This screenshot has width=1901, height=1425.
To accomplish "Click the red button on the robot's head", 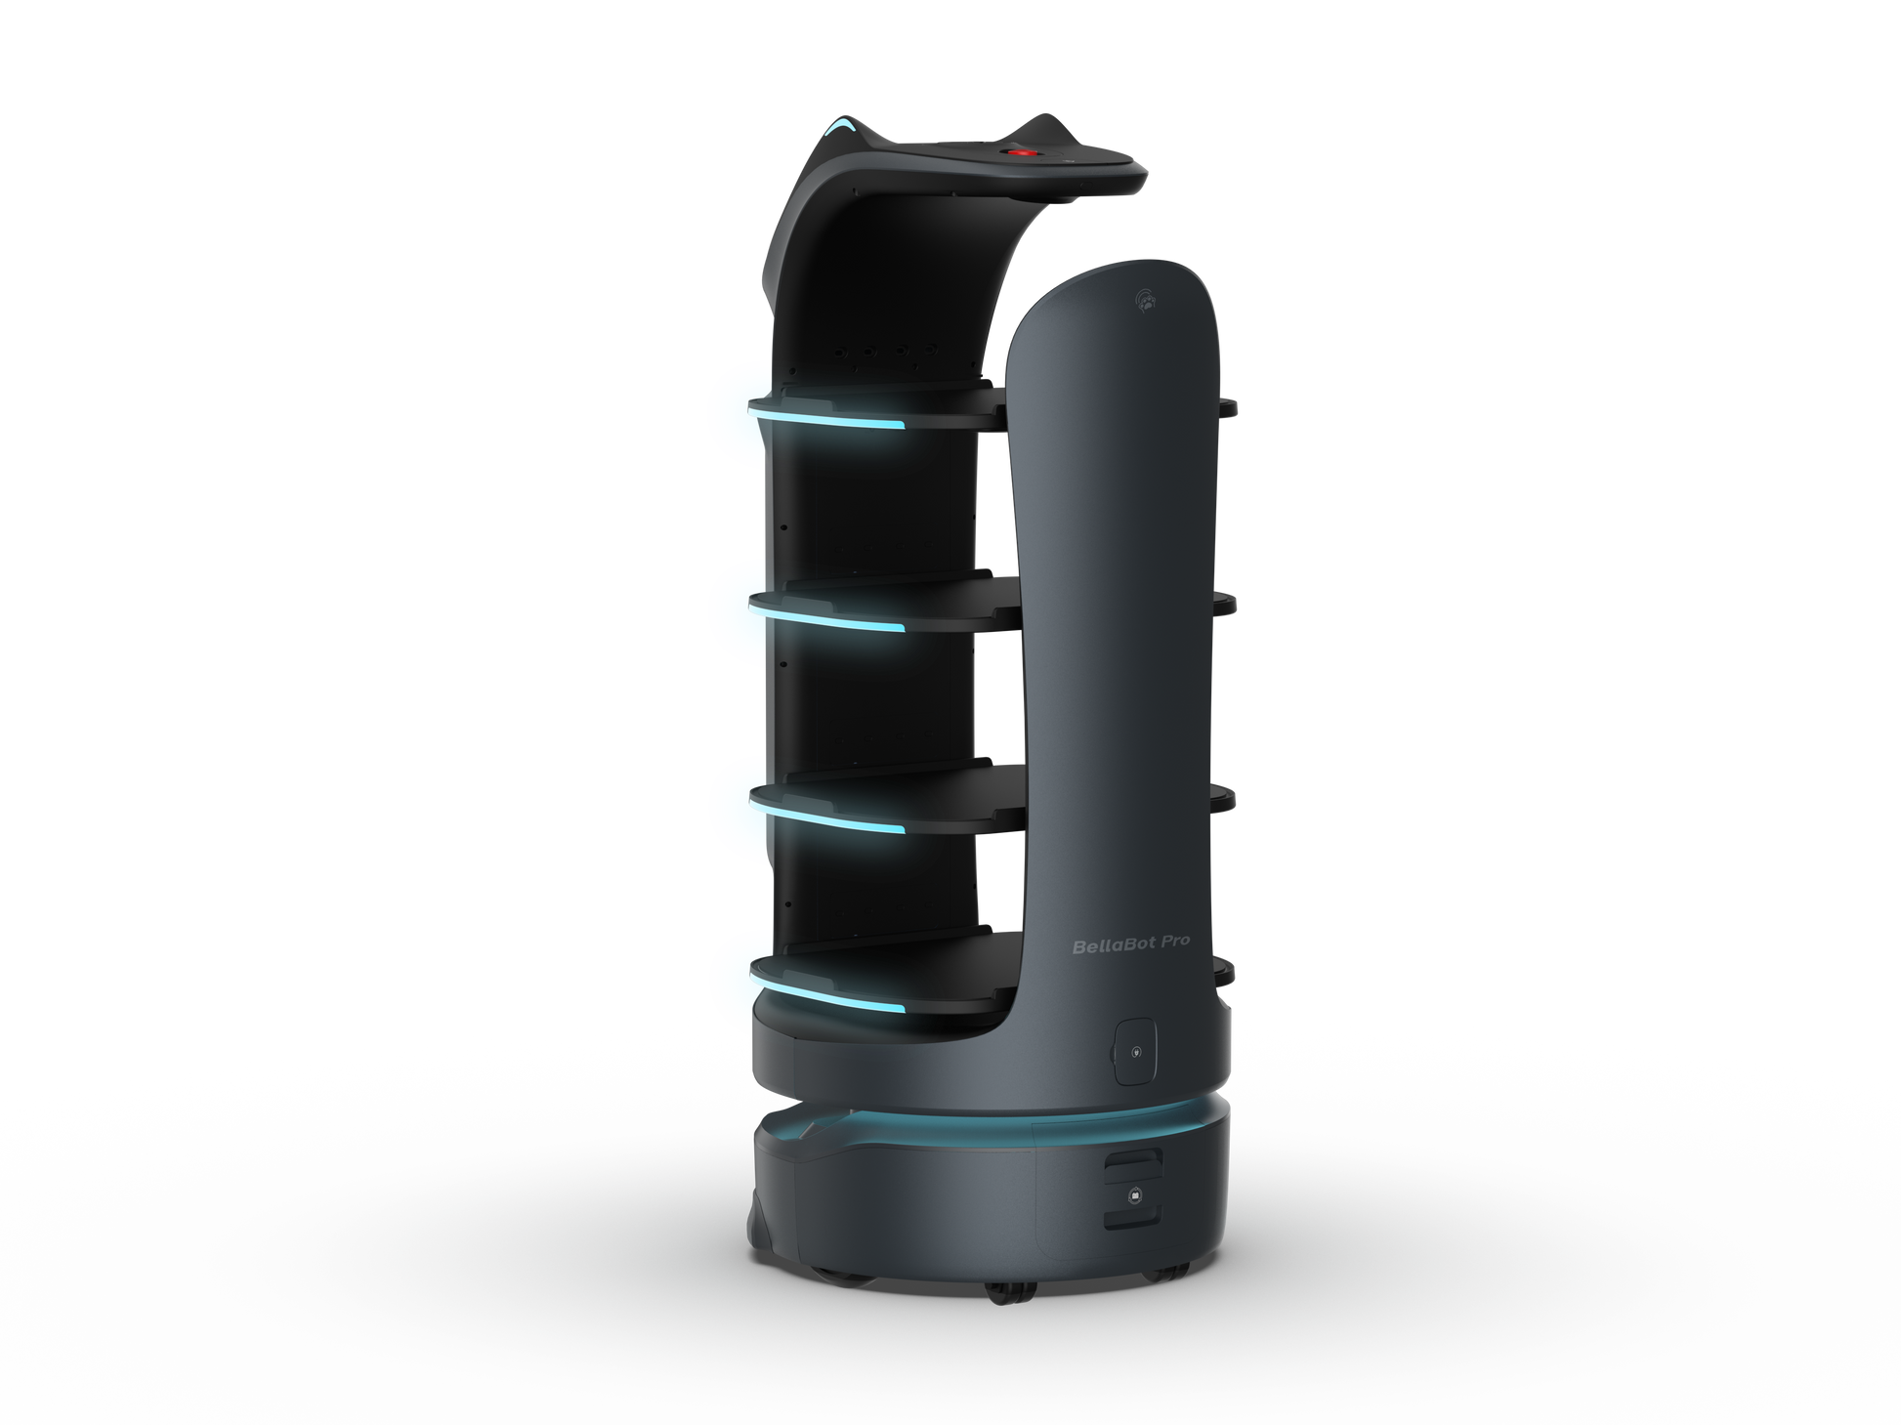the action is (x=1022, y=154).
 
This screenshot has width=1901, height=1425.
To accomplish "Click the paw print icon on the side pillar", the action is (x=1148, y=302).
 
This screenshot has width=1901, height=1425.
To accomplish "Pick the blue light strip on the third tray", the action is (x=827, y=817).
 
